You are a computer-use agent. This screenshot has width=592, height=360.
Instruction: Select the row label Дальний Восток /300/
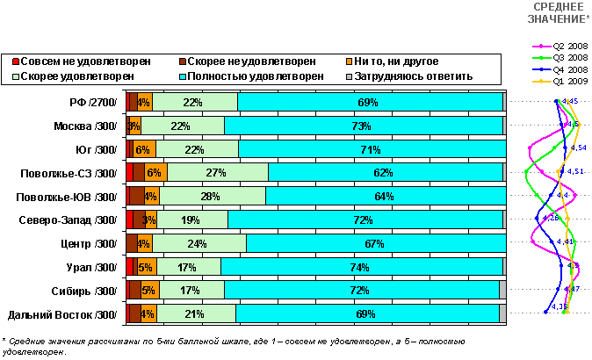(62, 314)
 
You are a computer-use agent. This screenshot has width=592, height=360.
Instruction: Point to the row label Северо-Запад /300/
(74, 220)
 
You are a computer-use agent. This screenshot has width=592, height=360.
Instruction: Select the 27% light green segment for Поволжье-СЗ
(218, 172)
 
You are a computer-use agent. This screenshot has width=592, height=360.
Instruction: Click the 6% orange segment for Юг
(145, 149)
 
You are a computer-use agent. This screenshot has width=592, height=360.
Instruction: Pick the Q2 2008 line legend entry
(562, 46)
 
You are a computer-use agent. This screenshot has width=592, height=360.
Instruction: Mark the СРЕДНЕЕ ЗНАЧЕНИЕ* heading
(560, 13)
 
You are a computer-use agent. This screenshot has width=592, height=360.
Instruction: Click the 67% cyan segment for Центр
(375, 243)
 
